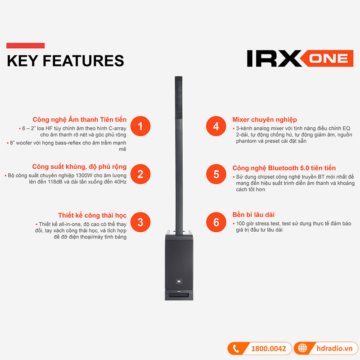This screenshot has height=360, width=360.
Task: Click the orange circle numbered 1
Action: (x=140, y=126)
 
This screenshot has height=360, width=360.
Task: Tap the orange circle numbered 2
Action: (x=140, y=174)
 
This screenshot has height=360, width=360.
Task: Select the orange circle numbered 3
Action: (x=140, y=222)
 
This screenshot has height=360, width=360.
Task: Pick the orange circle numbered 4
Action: (x=216, y=126)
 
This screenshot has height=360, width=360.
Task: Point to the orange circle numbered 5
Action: (x=216, y=174)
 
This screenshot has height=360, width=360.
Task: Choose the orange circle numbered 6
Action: (x=216, y=222)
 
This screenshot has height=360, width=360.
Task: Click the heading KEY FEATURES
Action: (x=65, y=60)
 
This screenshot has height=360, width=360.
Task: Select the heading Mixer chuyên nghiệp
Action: (x=265, y=119)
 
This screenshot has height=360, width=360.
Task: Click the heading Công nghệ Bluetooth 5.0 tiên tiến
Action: (x=284, y=168)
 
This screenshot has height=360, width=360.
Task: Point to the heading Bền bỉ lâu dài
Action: (x=253, y=215)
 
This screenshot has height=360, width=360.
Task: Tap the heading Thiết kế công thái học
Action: (x=92, y=215)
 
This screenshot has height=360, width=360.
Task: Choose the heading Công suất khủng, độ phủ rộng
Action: (x=79, y=167)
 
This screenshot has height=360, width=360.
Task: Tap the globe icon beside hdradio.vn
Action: (x=302, y=349)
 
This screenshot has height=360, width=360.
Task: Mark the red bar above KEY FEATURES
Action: (x=25, y=45)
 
